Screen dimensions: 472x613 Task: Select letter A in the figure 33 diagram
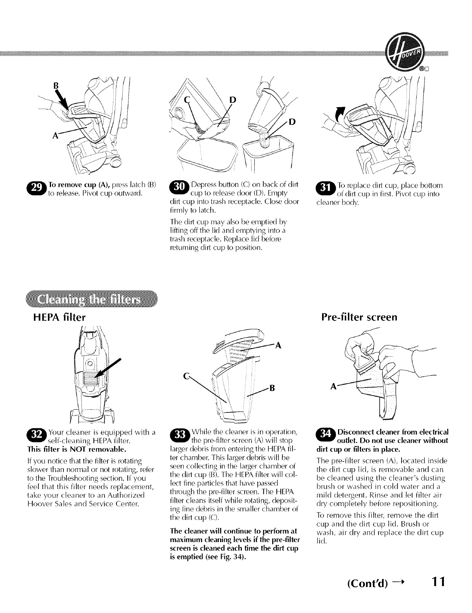pyautogui.click(x=278, y=345)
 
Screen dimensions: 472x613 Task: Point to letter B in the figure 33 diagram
pyautogui.click(x=272, y=387)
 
